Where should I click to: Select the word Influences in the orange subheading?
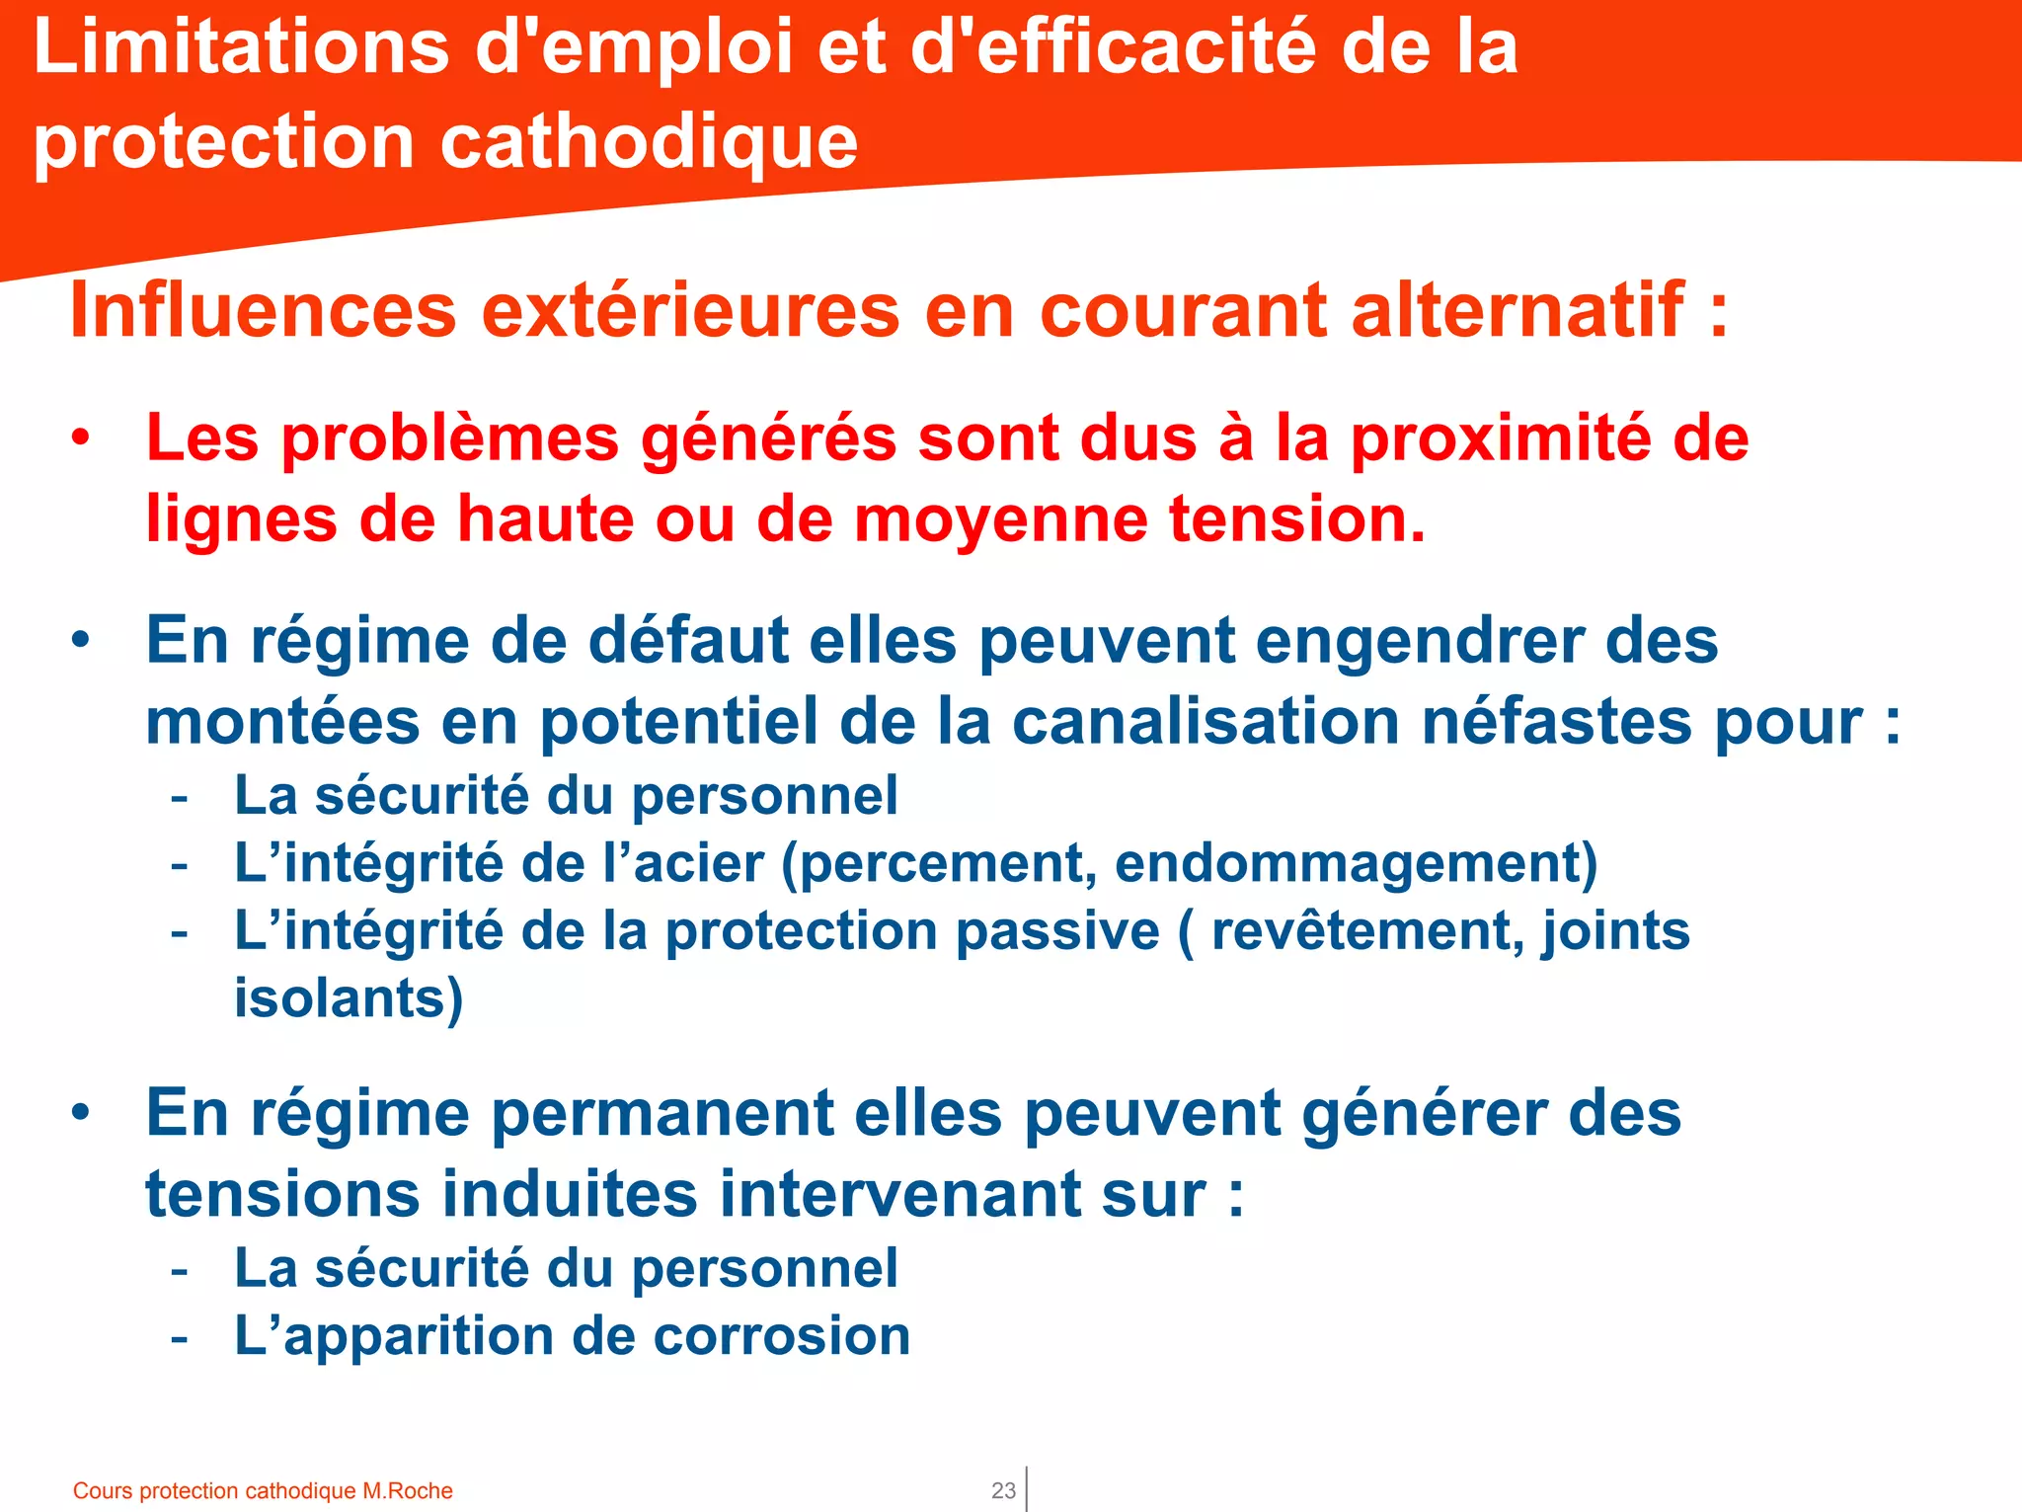pos(264,310)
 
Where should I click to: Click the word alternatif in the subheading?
pos(1517,310)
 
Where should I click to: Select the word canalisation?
pos(1206,721)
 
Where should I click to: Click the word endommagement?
pos(1356,863)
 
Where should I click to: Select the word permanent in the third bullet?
pos(662,1113)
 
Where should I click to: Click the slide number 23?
pos(1003,1490)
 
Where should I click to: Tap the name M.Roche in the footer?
pos(408,1490)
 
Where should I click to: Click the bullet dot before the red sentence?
pos(81,438)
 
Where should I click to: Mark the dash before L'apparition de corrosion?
pos(179,1337)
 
